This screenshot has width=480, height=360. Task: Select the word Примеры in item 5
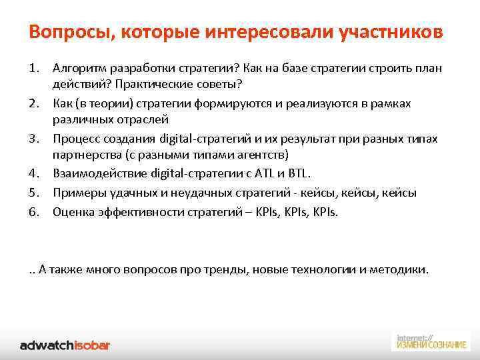(75, 193)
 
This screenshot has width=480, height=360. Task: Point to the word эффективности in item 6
(135, 211)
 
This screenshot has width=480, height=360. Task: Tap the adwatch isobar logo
(65, 345)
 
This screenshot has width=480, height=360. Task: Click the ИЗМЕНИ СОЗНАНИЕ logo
(431, 341)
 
